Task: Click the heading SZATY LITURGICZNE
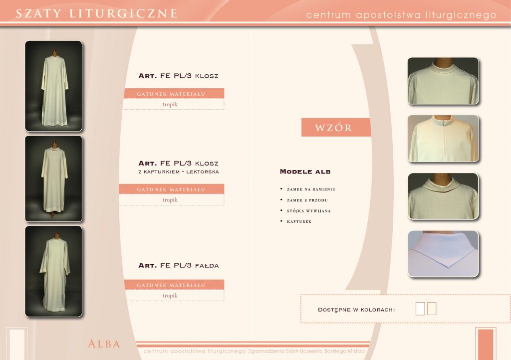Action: [96, 13]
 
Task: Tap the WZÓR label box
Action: [336, 127]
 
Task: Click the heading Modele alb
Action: [305, 172]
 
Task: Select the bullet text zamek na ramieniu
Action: [311, 189]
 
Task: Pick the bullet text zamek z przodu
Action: [307, 200]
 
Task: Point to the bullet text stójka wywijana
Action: [308, 211]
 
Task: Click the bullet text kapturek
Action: [299, 222]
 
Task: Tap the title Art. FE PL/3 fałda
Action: [179, 266]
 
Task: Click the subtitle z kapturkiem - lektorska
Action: [179, 172]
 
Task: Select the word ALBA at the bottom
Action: [104, 344]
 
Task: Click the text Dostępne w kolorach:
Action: [356, 310]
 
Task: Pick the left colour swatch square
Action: [420, 309]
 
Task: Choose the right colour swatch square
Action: [432, 309]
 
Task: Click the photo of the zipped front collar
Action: [443, 138]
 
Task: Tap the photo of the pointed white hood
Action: [443, 254]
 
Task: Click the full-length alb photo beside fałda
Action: [54, 271]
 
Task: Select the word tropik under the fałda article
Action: [170, 296]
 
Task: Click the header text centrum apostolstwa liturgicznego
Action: [401, 15]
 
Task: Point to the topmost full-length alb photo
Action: [54, 86]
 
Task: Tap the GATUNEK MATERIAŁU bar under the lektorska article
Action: [172, 189]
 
